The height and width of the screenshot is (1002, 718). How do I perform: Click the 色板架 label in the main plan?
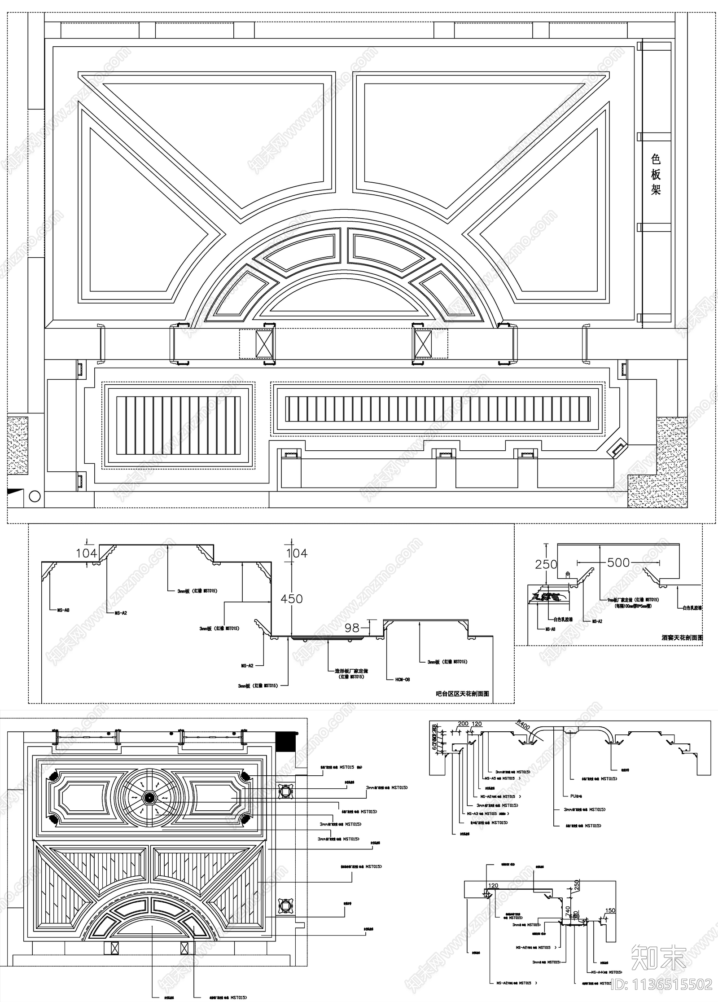tap(656, 174)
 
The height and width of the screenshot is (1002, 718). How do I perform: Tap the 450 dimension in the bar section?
tap(292, 598)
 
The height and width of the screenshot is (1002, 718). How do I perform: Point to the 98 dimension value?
tap(352, 627)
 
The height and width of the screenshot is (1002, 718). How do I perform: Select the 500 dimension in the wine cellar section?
tap(618, 563)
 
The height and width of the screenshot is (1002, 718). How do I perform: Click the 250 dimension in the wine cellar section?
tap(546, 564)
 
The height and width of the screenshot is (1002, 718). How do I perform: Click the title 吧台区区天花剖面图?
tap(462, 694)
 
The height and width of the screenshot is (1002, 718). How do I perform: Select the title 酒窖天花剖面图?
tap(682, 637)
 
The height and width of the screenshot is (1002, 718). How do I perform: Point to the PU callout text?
tap(575, 796)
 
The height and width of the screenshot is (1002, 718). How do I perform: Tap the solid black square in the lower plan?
tap(286, 739)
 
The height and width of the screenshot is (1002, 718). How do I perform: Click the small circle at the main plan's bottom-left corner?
tap(35, 496)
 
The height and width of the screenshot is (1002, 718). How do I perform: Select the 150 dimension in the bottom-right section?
tap(610, 911)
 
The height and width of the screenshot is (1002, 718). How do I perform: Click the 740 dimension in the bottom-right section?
tap(568, 910)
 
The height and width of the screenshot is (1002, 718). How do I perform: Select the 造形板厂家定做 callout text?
tap(351, 671)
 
